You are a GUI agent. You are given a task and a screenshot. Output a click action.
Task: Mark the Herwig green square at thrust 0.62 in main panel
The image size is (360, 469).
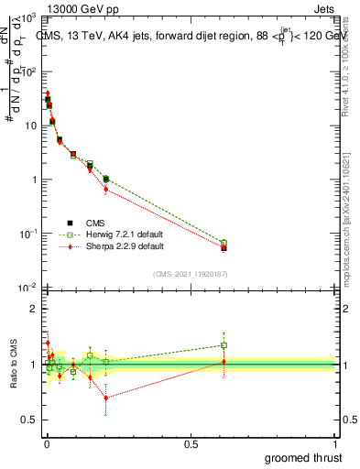pyautogui.click(x=224, y=243)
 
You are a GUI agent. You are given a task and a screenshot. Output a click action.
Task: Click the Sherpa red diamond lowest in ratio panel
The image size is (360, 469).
pyautogui.click(x=106, y=398)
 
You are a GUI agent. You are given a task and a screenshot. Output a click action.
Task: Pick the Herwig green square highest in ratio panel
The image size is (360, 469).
pyautogui.click(x=224, y=345)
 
